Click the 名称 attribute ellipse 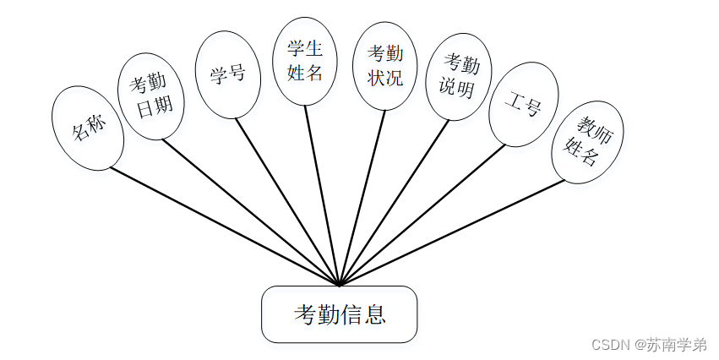(88, 126)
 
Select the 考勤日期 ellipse (150, 96)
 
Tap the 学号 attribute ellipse (227, 74)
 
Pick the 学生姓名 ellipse (305, 62)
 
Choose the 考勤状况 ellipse (384, 66)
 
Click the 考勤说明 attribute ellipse (458, 77)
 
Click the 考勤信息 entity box (339, 314)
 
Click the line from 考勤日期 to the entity (249, 212)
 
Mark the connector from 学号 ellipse (287, 202)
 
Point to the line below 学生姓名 (322, 196)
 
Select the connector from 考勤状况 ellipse (362, 199)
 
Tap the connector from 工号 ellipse (422, 215)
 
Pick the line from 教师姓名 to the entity (452, 232)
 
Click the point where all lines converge (339, 285)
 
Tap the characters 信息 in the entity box (363, 315)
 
